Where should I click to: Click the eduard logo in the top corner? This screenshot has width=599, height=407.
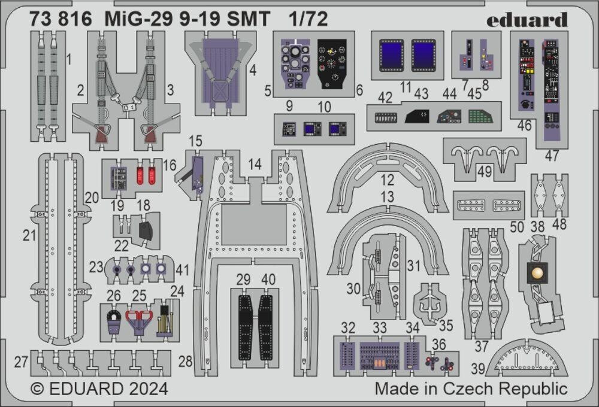527,20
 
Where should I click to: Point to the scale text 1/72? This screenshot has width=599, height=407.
308,20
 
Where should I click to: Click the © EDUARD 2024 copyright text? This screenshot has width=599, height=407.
99,388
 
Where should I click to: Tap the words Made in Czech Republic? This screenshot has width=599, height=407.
471,388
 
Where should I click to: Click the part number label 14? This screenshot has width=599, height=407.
255,164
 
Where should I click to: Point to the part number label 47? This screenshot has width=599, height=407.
552,156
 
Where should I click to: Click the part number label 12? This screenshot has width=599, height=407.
388,179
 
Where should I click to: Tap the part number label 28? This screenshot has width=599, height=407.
186,361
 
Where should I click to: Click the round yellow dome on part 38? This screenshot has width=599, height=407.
536,273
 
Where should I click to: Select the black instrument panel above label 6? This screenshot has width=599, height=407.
332,64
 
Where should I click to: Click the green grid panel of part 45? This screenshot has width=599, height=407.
480,116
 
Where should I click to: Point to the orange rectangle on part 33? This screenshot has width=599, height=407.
380,364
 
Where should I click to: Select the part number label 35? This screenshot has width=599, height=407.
445,326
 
